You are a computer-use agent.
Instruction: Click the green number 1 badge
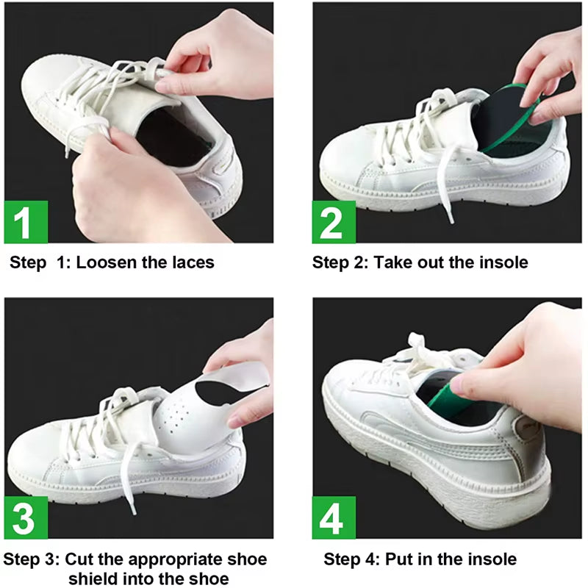click(x=25, y=222)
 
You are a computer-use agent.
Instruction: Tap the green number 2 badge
click(x=334, y=222)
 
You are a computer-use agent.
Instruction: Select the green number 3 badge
click(x=26, y=517)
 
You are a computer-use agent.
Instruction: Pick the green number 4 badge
click(x=334, y=517)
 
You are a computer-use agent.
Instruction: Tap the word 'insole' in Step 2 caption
click(x=501, y=262)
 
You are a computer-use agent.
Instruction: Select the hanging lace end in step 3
click(x=143, y=507)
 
